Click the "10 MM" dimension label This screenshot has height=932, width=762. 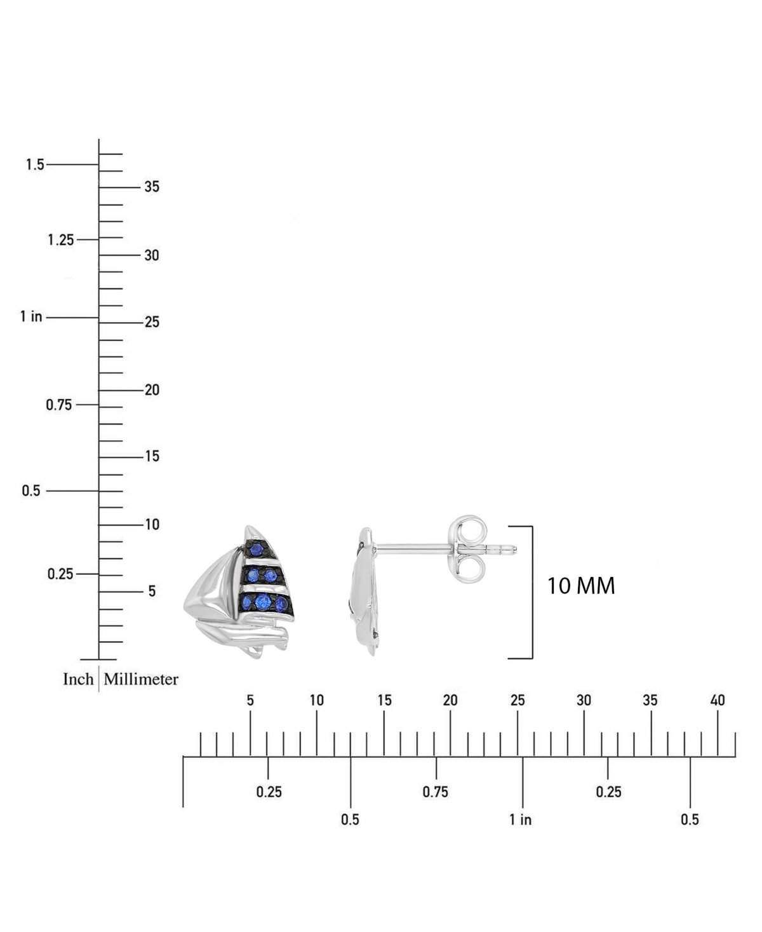point(581,586)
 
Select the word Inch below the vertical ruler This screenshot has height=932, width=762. point(78,679)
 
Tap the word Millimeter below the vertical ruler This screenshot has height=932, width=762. point(141,679)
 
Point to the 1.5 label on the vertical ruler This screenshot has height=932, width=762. point(35,165)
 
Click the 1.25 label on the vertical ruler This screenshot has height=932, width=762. point(61,240)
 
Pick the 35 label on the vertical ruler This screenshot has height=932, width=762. point(152,187)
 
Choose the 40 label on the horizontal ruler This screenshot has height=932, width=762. point(718,701)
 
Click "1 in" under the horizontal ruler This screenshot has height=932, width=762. point(520,820)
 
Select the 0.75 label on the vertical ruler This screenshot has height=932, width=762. point(59,405)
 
